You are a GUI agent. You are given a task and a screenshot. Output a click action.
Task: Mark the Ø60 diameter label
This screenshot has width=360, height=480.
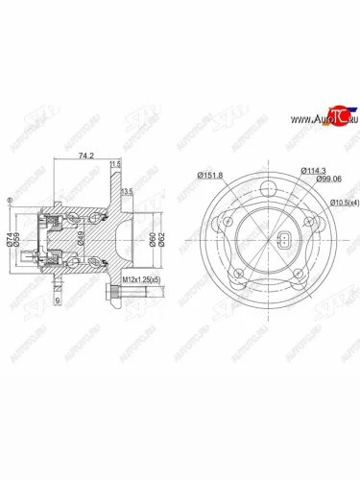(152, 238)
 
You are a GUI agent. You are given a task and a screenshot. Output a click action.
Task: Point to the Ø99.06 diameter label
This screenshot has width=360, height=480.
(321, 179)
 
